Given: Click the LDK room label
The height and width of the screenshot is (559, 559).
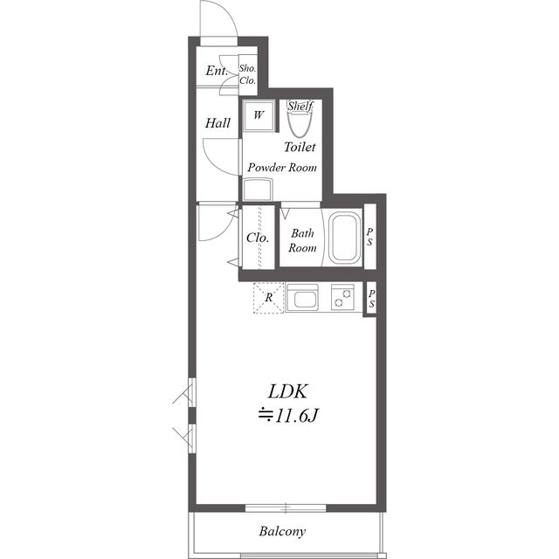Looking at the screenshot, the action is [287, 391].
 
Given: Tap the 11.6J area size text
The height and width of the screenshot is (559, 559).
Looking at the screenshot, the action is [288, 416].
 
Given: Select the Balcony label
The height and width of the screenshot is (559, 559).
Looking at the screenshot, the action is [282, 531].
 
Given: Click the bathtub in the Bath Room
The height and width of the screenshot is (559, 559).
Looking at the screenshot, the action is [345, 238].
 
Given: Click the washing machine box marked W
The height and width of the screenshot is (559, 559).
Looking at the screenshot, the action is [259, 115].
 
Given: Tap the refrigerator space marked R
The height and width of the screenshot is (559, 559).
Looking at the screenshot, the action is [269, 298].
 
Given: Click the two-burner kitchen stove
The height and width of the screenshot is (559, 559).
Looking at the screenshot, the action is [342, 297].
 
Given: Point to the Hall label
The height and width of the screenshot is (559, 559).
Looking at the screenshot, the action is [217, 123].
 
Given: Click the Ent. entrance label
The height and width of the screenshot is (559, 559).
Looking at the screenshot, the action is [217, 71].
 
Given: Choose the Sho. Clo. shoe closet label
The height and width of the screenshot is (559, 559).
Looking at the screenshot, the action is [248, 74].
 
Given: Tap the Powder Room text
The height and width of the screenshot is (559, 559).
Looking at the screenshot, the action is [282, 168].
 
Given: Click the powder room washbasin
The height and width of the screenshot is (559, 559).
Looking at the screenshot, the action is [258, 190].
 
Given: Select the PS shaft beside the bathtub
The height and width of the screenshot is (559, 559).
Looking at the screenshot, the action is [370, 237].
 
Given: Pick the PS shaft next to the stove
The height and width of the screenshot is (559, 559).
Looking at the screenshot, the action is [371, 299].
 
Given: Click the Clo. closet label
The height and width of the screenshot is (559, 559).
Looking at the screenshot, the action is [258, 238].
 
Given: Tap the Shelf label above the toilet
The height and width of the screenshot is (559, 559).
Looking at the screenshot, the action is [300, 106].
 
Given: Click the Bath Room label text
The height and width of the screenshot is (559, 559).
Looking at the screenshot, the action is [302, 241].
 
